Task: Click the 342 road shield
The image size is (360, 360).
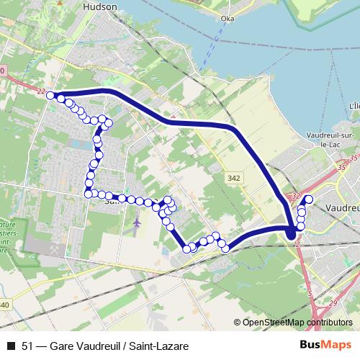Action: (x=233, y=178)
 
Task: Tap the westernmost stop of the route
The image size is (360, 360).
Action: (x=51, y=94)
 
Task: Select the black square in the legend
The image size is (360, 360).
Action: (x=10, y=346)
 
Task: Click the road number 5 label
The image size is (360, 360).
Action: (x=308, y=294)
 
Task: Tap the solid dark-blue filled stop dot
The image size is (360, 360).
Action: (x=291, y=233)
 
